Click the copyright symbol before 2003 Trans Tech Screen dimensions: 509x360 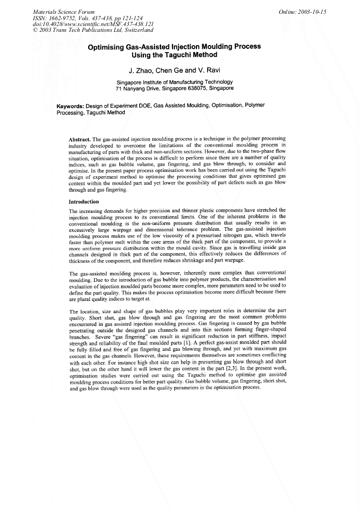[35, 30]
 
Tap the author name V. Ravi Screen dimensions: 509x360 [209, 71]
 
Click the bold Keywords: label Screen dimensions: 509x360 [72, 106]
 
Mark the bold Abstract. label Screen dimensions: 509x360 [80, 139]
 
